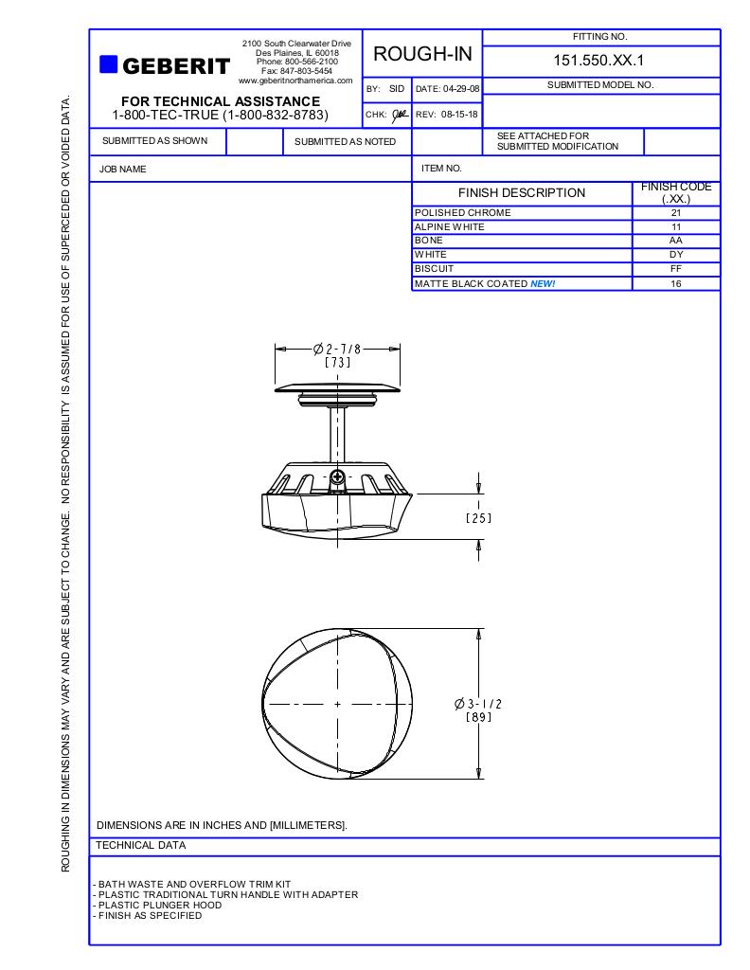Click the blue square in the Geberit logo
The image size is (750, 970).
[109, 64]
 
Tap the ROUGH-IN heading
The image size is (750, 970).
[422, 54]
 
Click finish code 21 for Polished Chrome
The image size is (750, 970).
[675, 213]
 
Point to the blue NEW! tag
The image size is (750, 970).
[543, 283]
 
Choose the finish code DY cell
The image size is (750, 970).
[675, 255]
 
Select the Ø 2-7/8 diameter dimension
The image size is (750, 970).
[337, 349]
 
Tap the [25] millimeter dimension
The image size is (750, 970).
[478, 517]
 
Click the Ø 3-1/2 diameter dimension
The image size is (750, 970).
[478, 704]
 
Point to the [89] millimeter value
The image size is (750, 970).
[478, 717]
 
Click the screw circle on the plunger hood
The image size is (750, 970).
[337, 476]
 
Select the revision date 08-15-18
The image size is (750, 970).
[458, 115]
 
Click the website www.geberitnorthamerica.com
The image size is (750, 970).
[295, 81]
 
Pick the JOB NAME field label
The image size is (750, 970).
[123, 169]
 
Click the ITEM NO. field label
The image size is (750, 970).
[441, 169]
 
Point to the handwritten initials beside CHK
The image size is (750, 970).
[400, 115]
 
